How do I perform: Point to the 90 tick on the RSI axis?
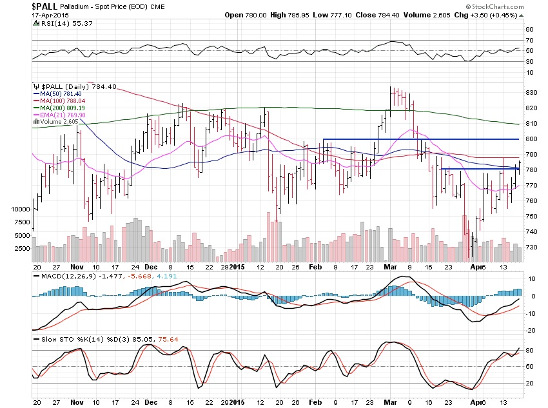click(x=529, y=29)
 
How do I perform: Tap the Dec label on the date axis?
click(x=150, y=266)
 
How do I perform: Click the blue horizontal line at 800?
click(x=419, y=139)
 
